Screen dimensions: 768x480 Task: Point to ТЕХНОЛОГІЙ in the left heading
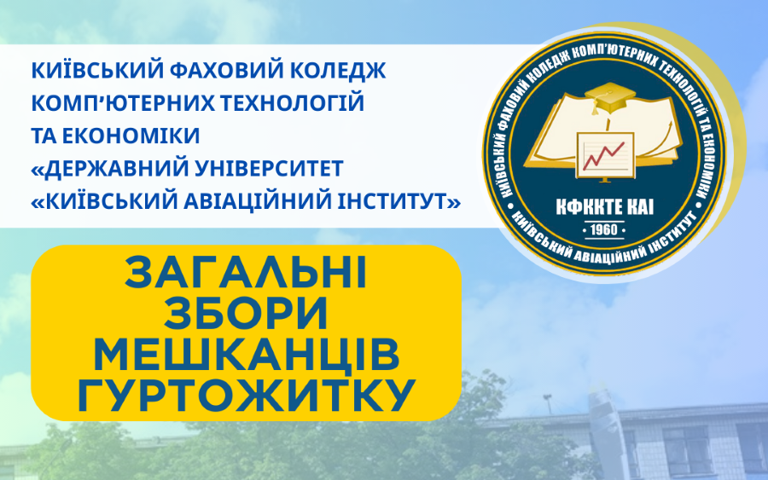292,103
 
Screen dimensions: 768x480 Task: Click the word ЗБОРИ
246,314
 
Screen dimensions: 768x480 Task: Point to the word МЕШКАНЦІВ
246,355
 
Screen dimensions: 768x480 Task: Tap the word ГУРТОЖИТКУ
246,396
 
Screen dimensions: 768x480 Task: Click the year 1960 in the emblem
604,230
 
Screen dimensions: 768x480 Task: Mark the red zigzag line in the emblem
604,155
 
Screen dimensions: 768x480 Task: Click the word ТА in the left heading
45,136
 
